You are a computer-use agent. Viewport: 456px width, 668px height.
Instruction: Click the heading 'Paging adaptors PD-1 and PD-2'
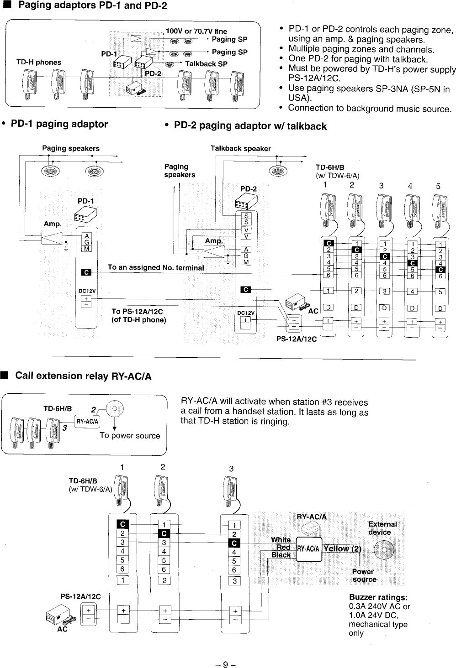point(92,6)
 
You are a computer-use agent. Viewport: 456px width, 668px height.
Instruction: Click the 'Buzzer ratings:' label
point(378,598)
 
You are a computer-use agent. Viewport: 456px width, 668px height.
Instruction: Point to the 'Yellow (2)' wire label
point(342,548)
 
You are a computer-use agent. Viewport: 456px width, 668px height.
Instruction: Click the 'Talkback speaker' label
point(240,148)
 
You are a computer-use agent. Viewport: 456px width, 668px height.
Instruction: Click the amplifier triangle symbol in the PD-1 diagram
point(52,238)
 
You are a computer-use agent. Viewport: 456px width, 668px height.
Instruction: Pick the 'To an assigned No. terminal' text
point(155,267)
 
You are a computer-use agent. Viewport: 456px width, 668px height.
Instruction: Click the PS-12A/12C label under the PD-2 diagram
point(296,339)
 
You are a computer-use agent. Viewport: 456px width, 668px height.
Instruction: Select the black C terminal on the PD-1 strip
point(86,272)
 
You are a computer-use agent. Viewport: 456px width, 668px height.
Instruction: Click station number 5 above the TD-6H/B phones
point(438,186)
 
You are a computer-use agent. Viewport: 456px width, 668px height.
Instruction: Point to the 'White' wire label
point(281,540)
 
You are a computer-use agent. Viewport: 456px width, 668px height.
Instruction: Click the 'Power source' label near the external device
point(364,575)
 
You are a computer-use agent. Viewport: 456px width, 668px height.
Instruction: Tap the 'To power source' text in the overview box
point(130,435)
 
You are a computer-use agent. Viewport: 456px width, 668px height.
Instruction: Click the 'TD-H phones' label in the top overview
point(38,62)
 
